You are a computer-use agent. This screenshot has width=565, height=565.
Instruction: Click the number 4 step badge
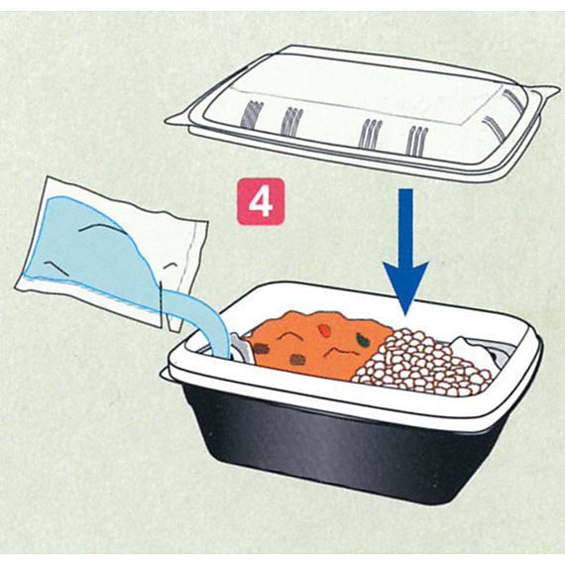coord(261,202)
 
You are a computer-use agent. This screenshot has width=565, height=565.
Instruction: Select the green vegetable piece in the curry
coord(361,338)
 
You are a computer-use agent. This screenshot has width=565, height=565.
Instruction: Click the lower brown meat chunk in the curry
coord(297,360)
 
